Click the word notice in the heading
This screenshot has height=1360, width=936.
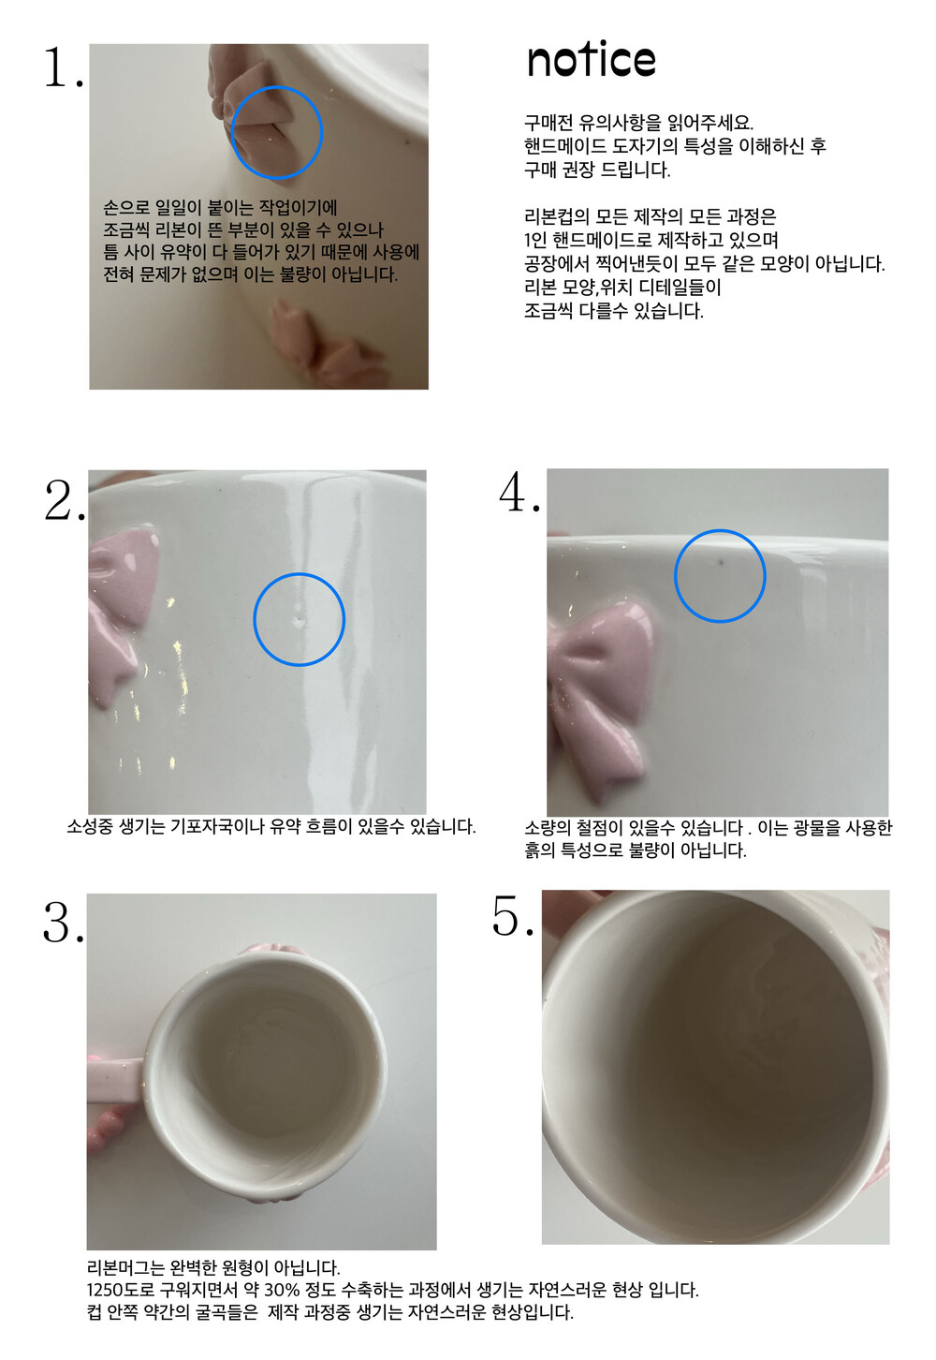pos(592,60)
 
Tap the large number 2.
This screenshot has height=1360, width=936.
pos(64,501)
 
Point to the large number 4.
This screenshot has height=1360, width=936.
pos(519,492)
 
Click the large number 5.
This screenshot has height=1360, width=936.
pos(513,916)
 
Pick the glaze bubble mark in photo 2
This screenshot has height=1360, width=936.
pos(300,619)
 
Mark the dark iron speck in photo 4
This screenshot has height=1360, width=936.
pos(722,563)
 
